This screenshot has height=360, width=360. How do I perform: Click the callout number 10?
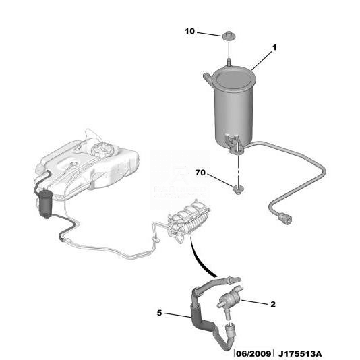(189, 31)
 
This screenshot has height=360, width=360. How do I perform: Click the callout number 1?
(274, 48)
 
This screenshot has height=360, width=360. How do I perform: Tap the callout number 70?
(200, 172)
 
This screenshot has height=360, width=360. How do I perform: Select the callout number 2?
(273, 305)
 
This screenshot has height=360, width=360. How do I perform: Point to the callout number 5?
(159, 313)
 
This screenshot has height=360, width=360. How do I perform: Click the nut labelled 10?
(229, 36)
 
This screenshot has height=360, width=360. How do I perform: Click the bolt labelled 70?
(238, 190)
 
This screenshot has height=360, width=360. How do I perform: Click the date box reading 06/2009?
(253, 354)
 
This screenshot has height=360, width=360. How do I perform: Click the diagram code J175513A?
(300, 354)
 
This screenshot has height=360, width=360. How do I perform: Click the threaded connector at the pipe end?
(284, 218)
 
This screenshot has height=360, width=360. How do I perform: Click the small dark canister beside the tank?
(46, 204)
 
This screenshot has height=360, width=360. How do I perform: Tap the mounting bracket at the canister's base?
(234, 144)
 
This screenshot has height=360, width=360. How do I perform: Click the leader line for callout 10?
(209, 34)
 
